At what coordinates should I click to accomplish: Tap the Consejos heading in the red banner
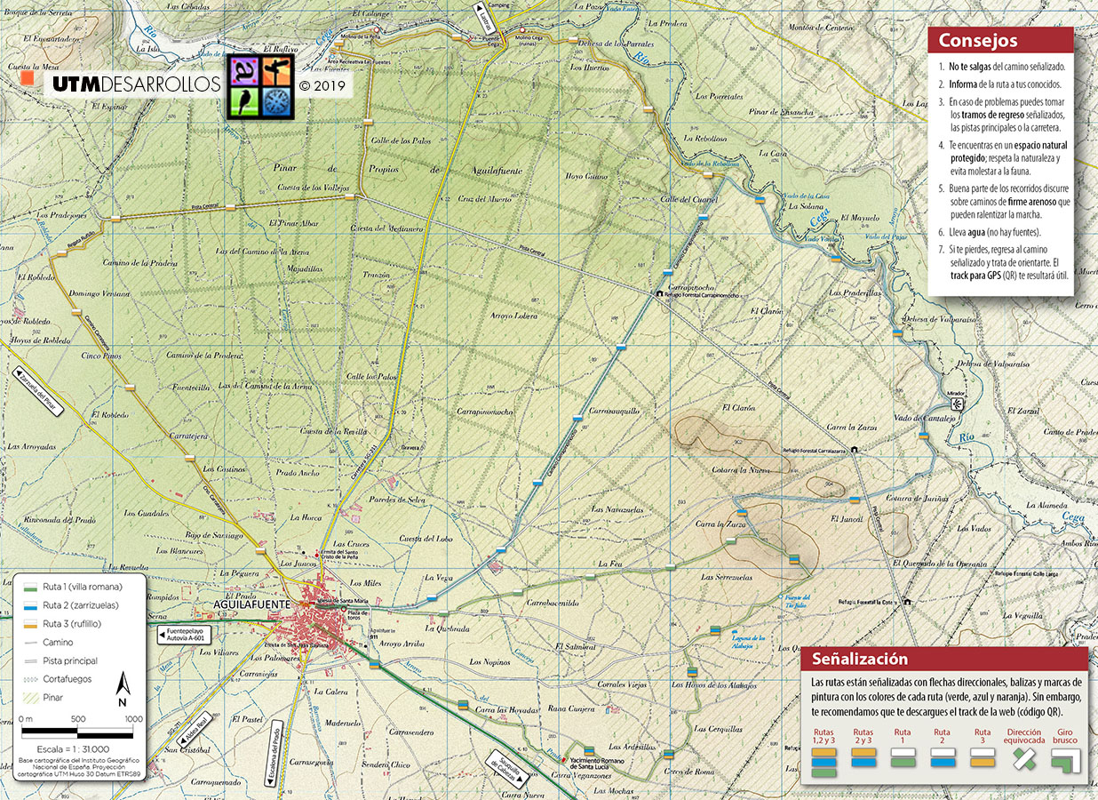(978, 41)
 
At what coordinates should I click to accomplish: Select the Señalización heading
(860, 660)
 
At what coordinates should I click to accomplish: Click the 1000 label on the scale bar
(133, 719)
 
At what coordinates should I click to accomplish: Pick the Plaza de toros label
(358, 614)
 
